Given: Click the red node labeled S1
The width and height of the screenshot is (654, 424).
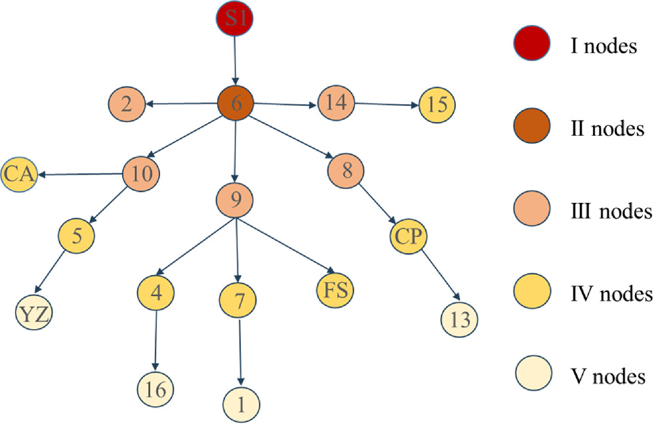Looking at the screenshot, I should [x=234, y=18].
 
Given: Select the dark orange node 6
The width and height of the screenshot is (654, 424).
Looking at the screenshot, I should [x=235, y=103].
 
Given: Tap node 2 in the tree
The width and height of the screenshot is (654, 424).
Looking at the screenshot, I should [x=127, y=103].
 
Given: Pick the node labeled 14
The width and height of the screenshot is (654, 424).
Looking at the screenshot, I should [x=337, y=102].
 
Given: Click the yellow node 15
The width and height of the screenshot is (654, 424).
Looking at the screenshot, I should [x=436, y=104].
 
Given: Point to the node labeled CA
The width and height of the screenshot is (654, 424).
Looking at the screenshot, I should [x=19, y=175].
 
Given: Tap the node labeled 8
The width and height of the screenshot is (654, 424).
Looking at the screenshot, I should [x=346, y=172].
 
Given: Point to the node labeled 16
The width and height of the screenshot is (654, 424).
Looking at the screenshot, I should [x=155, y=390].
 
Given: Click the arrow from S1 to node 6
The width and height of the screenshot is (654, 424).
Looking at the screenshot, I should [x=235, y=60].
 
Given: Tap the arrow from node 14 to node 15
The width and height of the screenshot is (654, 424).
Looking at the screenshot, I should [x=387, y=103].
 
